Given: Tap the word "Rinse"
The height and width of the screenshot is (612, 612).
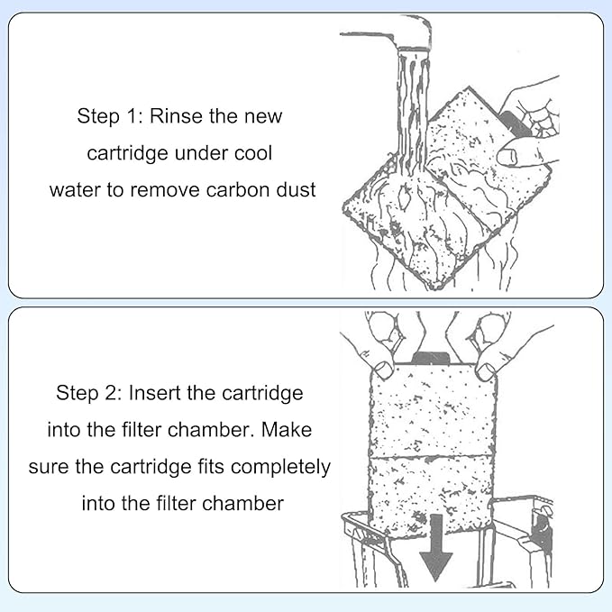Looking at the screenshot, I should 175,117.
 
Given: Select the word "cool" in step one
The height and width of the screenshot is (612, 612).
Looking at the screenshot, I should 251,153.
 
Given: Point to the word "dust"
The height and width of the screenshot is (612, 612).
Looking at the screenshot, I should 296,189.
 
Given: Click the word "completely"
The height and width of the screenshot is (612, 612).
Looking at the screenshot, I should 280,467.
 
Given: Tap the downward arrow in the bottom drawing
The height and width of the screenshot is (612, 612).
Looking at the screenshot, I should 436,551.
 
